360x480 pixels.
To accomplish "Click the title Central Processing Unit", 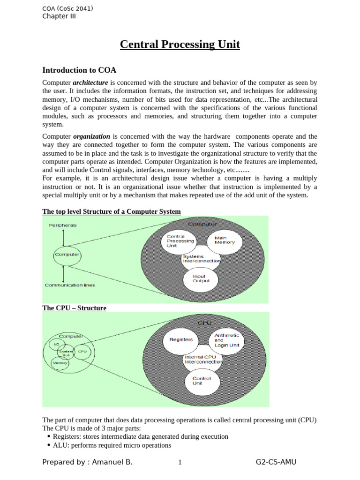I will pos(180,45).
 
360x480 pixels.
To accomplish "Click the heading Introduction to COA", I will pos(79,70).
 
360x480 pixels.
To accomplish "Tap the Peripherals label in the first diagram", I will pos(63,225).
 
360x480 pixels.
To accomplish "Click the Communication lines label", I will pos(69,285).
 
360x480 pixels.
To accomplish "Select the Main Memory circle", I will pos(224,241).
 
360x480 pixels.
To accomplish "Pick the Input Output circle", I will pos(201,279).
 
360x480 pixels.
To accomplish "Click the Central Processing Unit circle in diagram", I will pos(180,241).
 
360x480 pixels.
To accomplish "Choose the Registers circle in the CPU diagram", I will pos(180,339).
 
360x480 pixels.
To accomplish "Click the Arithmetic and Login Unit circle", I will pos(226,340).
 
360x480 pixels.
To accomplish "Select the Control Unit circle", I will pos(202,381).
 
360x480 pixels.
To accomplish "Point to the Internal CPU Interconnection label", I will pos(203,359).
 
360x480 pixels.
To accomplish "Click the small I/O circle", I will pos(56,345).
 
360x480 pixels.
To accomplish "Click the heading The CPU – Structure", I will pos(75,308).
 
